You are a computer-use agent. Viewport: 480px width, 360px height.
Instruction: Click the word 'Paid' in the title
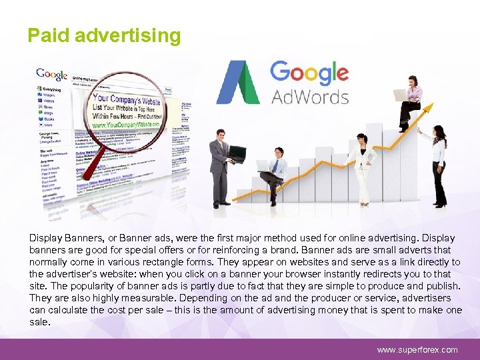click(49, 35)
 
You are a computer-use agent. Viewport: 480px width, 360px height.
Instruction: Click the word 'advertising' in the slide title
click(127, 35)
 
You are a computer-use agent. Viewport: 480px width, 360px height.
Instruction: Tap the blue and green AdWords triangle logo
click(237, 83)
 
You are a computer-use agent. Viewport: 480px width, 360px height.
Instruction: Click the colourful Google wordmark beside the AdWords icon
click(309, 72)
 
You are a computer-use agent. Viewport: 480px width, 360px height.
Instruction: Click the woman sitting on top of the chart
click(410, 100)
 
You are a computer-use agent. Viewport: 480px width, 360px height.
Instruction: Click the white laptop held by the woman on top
click(401, 95)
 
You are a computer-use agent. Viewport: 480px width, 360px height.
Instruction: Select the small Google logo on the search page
click(52, 74)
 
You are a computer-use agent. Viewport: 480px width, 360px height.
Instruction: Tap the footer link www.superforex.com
click(417, 349)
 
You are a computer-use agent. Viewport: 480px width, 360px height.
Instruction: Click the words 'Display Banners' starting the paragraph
click(63, 238)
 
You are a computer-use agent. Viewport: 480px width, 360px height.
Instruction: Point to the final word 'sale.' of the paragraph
click(39, 322)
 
